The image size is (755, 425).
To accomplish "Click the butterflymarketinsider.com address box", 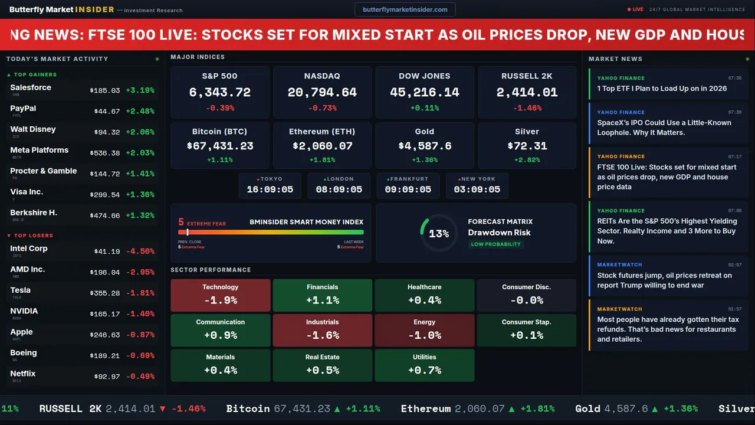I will [x=405, y=9].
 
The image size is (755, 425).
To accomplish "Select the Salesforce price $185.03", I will [x=105, y=91].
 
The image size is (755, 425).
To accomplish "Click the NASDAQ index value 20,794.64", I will [x=322, y=93].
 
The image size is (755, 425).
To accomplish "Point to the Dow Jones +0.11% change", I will [x=425, y=108].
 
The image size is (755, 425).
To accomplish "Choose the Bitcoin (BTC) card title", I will [x=219, y=132].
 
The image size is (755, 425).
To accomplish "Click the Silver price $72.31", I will [x=527, y=146].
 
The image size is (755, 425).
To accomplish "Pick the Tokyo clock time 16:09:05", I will [x=270, y=189].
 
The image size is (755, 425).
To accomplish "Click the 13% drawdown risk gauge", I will [x=438, y=234].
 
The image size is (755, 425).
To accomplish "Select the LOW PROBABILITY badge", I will [x=495, y=244].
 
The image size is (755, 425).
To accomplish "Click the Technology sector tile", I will [x=220, y=295].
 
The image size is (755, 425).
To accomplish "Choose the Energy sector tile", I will [x=424, y=330].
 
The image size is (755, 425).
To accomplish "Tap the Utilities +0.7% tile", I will [x=424, y=365].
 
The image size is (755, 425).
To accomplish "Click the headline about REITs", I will [x=667, y=231].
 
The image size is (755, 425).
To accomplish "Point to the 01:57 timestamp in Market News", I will [x=734, y=309].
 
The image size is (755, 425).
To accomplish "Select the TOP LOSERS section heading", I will [x=33, y=236].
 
